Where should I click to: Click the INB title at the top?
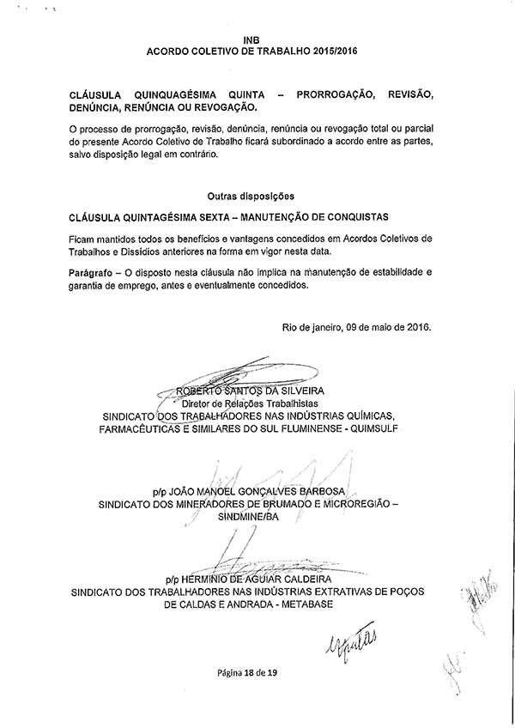(x=251, y=39)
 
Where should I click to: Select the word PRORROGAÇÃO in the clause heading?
(x=333, y=94)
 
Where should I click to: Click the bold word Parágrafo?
(x=94, y=271)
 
